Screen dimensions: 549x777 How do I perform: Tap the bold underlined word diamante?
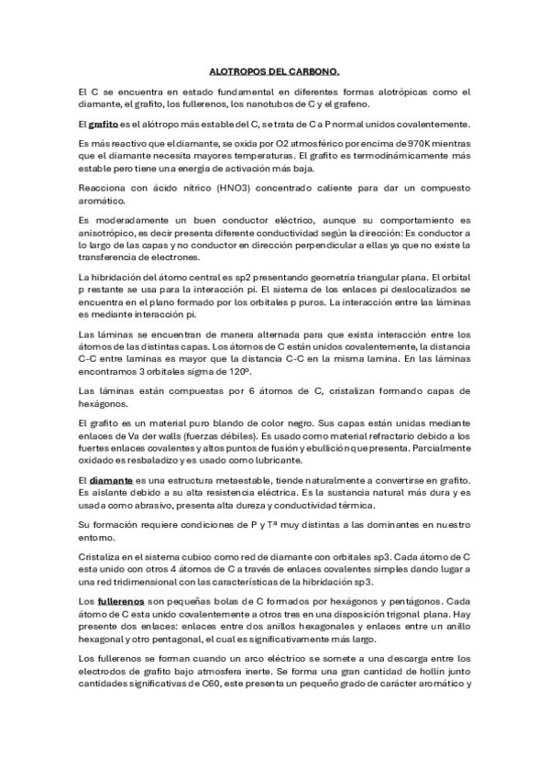(x=112, y=480)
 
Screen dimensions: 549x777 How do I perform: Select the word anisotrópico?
(x=112, y=233)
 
